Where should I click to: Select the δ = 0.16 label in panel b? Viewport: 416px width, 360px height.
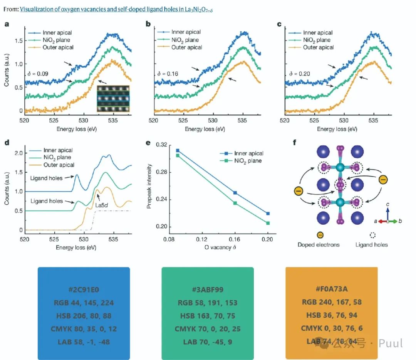point(166,74)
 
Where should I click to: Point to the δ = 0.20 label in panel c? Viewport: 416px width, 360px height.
point(298,74)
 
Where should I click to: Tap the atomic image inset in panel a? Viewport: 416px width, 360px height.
point(112,99)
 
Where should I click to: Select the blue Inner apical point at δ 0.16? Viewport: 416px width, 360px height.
point(235,193)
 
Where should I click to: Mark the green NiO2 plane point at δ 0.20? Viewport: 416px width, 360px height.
point(268,223)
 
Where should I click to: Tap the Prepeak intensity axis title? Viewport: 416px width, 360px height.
point(149,186)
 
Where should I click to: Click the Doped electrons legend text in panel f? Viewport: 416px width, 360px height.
point(319,245)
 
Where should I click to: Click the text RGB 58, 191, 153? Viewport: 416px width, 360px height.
point(208,303)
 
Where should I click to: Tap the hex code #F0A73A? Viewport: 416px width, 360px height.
point(331,289)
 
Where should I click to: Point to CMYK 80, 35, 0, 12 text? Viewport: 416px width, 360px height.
point(84,329)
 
